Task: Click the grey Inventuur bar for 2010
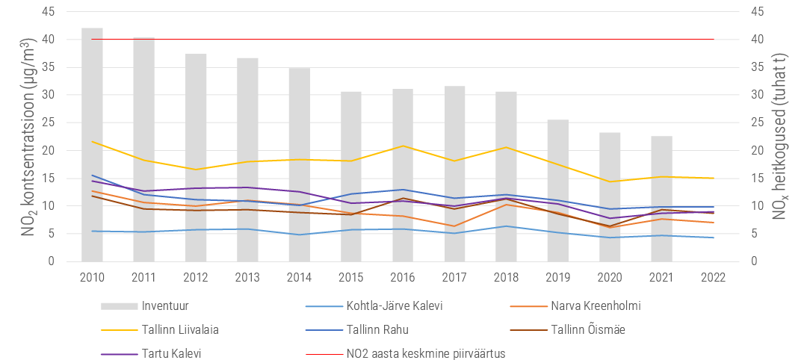(x=92, y=144)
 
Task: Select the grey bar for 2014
(x=299, y=164)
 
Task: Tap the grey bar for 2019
(x=558, y=190)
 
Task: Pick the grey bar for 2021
(x=661, y=199)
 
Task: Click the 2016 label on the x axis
(x=403, y=278)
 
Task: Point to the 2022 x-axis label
(x=714, y=278)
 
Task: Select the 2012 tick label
(x=196, y=278)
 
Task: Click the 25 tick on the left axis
(x=49, y=123)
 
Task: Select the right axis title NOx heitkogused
(x=782, y=136)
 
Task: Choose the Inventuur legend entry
(x=145, y=306)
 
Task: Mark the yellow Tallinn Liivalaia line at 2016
(x=403, y=146)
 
